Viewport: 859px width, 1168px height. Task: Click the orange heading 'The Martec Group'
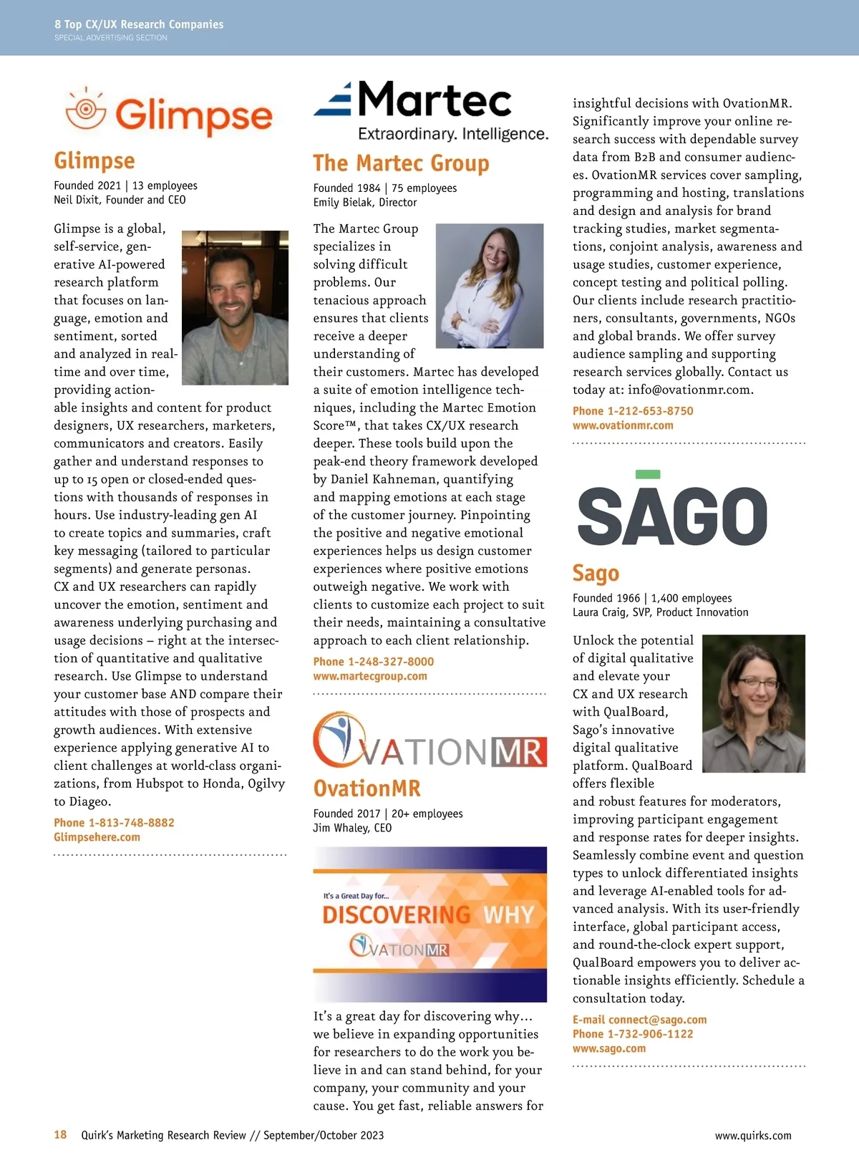(x=401, y=163)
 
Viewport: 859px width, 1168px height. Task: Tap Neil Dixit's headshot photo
(x=236, y=307)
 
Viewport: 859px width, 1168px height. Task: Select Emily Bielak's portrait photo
(x=490, y=286)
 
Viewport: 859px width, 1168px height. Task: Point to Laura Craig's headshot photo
(x=754, y=703)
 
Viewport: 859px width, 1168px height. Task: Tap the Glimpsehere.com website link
(x=97, y=837)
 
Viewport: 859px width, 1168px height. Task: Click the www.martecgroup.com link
(x=369, y=676)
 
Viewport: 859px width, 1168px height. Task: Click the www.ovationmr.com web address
(x=623, y=425)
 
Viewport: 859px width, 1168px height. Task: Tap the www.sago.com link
(x=608, y=1048)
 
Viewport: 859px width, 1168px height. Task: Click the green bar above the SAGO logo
(x=647, y=474)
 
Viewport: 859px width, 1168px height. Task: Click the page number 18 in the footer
(x=60, y=1135)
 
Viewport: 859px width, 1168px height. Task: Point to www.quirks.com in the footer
(x=753, y=1136)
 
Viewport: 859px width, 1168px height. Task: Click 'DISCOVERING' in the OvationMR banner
(x=396, y=914)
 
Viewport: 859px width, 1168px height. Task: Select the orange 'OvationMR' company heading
(x=367, y=788)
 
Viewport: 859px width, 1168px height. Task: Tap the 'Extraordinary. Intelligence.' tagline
(x=453, y=134)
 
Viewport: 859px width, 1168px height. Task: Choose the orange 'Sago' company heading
(x=596, y=573)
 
